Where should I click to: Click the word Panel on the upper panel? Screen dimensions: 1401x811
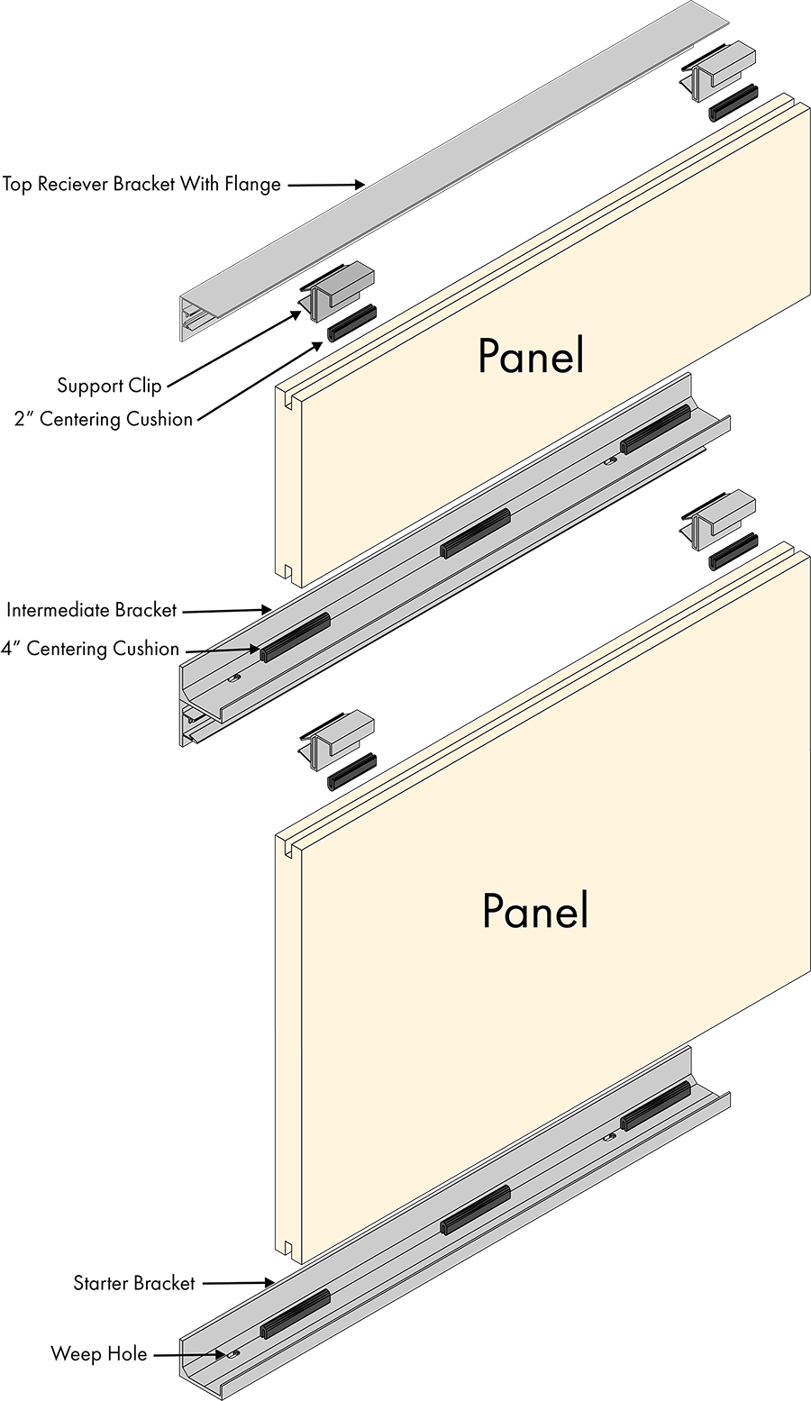pos(531,357)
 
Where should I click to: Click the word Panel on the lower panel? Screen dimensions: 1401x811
pos(535,911)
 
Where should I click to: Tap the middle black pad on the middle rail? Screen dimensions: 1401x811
pos(474,532)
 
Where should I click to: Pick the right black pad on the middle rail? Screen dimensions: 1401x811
pos(654,428)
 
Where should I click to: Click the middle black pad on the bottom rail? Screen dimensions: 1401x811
pos(475,1209)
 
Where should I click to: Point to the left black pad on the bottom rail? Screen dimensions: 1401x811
pos(296,1313)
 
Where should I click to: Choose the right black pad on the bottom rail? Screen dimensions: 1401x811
pos(655,1105)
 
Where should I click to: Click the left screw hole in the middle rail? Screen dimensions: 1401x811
pos(234,677)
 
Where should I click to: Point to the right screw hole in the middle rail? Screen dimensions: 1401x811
pos(611,460)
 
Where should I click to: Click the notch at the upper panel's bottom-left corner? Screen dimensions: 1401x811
pos(286,570)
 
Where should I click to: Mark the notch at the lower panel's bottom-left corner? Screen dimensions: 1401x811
pos(286,1248)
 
